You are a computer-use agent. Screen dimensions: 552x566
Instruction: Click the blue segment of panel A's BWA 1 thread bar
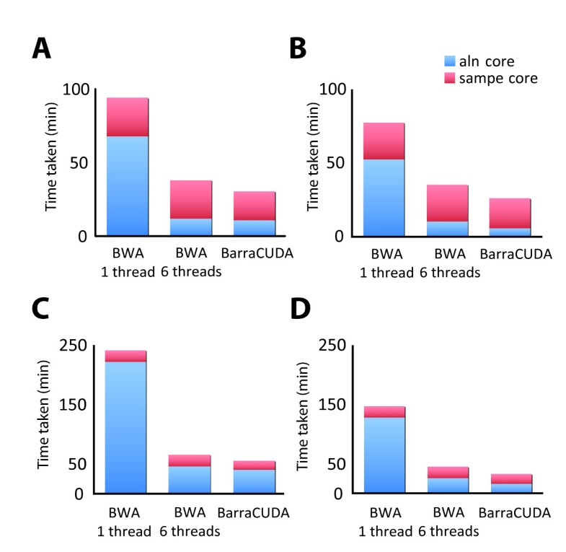click(128, 185)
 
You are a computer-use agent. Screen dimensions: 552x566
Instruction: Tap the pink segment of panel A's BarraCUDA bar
click(255, 206)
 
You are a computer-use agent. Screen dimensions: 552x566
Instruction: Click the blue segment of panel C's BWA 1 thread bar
click(126, 427)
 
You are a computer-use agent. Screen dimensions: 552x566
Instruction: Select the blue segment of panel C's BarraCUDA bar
click(255, 481)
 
